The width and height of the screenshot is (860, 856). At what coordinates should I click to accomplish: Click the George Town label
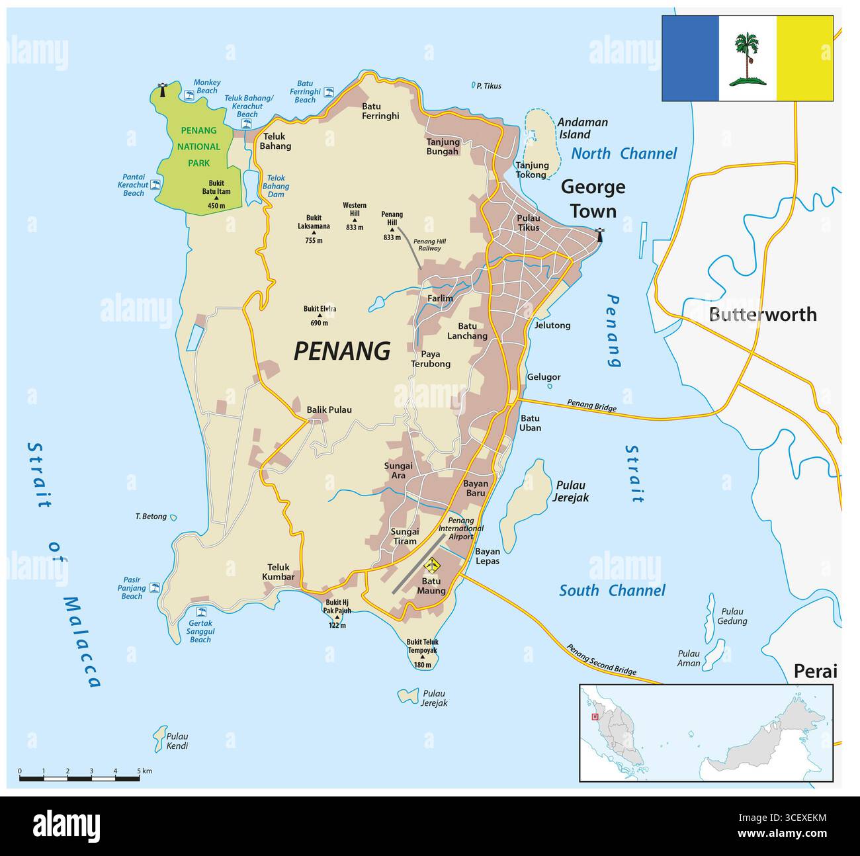[x=593, y=199]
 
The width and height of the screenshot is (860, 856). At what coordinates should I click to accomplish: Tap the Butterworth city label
[x=762, y=314]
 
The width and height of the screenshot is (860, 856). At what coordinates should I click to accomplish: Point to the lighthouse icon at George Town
[x=600, y=235]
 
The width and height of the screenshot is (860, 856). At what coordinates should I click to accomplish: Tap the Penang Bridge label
[x=591, y=406]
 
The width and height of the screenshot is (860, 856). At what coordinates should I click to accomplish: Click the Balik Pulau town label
[x=329, y=409]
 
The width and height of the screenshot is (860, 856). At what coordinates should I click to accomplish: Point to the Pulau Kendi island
[x=160, y=736]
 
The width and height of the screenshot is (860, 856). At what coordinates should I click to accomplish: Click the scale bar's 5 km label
[x=144, y=771]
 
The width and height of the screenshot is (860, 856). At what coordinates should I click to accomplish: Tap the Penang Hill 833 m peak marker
[x=392, y=229]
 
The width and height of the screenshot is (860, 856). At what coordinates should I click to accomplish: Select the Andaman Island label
[x=582, y=128]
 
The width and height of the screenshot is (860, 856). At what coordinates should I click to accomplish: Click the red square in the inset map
[x=595, y=716]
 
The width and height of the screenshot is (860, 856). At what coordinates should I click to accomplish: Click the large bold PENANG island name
[x=341, y=351]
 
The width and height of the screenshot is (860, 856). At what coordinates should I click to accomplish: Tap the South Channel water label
[x=612, y=591]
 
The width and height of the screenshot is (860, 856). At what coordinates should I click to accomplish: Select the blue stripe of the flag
[x=690, y=58]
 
